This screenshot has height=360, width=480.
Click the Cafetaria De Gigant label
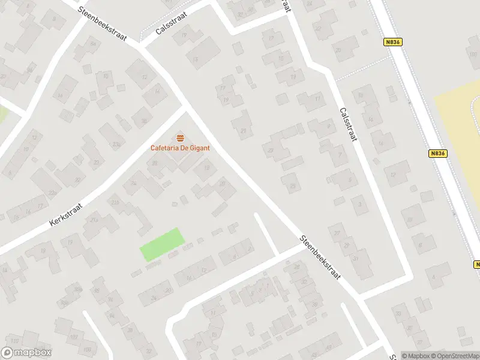pyautogui.click(x=180, y=148)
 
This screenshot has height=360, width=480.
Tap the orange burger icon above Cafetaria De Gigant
pyautogui.click(x=180, y=138)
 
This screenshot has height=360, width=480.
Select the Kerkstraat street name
pyautogui.click(x=65, y=214)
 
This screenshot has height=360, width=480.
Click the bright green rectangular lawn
pyautogui.click(x=161, y=244)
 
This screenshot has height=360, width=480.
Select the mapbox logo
pyautogui.click(x=26, y=353)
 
